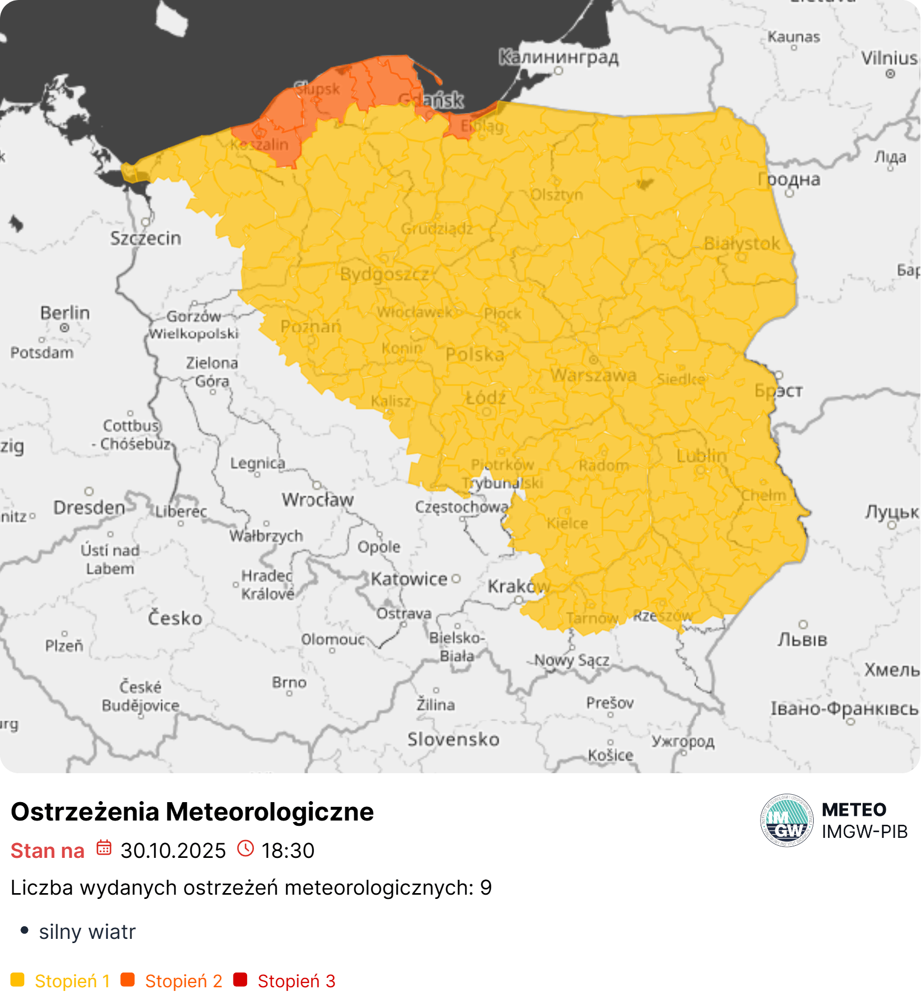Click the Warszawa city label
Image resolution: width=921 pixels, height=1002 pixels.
click(593, 376)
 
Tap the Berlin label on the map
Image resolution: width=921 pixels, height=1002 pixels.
click(65, 313)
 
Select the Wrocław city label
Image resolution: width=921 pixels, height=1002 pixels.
click(318, 500)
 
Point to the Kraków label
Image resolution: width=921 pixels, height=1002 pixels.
click(518, 586)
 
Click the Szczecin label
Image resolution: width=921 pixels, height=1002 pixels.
click(146, 239)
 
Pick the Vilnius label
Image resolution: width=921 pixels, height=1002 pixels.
click(889, 58)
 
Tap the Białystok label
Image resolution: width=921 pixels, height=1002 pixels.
click(742, 244)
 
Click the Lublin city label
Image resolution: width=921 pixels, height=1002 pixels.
click(701, 456)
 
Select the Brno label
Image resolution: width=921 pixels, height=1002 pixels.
click(289, 683)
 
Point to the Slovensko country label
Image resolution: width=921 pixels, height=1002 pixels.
click(453, 740)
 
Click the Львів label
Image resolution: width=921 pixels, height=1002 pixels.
click(802, 640)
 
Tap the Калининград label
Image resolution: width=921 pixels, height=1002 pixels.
click(558, 57)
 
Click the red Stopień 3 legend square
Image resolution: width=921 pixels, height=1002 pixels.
click(240, 980)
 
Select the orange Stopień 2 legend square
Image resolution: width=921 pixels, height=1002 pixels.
click(128, 980)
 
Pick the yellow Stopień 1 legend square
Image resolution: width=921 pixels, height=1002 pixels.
click(17, 980)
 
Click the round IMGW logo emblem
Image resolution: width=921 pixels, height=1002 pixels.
click(787, 821)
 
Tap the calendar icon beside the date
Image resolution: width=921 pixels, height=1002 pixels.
click(104, 848)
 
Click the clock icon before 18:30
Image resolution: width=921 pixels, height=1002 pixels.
click(245, 848)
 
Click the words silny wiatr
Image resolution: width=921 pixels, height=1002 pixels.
click(87, 932)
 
